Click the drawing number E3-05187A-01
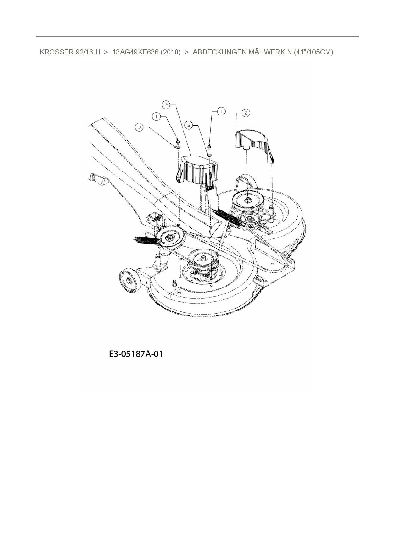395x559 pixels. point(135,354)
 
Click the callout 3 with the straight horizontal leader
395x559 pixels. point(139,127)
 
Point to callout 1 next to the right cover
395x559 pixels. point(221,111)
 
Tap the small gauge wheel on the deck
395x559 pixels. point(129,280)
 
